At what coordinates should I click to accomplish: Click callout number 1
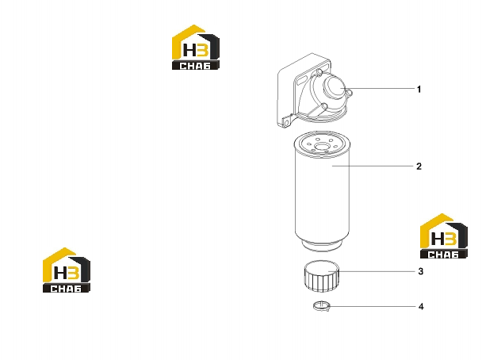coord(419,89)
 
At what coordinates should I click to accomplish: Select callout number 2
coord(419,167)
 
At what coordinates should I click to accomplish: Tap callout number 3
coord(421,271)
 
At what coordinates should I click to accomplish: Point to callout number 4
coord(421,307)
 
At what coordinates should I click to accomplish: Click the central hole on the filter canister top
coord(322,147)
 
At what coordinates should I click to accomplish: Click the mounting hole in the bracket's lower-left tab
coord(286,123)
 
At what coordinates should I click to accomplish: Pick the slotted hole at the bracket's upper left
coord(301,81)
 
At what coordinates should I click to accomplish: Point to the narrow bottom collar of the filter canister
coord(322,245)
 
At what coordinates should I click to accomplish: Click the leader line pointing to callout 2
coord(373,166)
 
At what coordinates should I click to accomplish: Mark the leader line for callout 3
coord(371,271)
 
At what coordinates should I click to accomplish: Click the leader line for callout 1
coord(377,89)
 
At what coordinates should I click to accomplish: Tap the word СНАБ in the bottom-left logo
coord(66,289)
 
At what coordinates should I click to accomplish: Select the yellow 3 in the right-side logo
coord(450,239)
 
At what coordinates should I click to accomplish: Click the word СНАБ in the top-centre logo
coord(195,66)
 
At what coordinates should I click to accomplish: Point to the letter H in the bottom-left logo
coord(60,273)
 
